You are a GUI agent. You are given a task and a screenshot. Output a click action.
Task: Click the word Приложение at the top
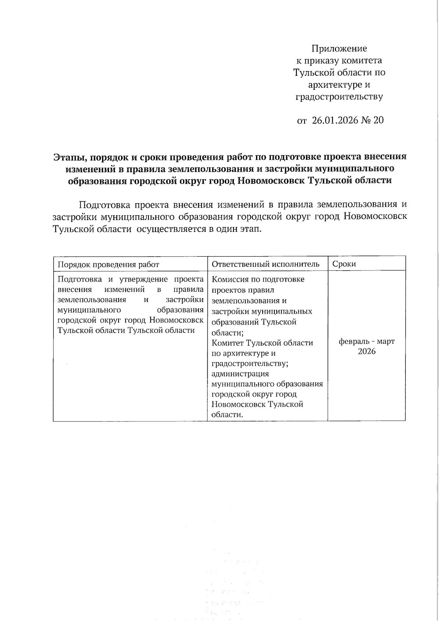pyautogui.click(x=339, y=49)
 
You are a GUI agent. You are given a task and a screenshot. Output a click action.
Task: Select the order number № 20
pyautogui.click(x=373, y=120)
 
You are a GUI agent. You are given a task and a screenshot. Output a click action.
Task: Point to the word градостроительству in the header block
pyautogui.click(x=339, y=97)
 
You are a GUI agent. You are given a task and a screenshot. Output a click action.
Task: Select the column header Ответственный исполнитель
pyautogui.click(x=266, y=264)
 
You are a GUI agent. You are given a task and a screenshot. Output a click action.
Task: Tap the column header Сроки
pyautogui.click(x=344, y=264)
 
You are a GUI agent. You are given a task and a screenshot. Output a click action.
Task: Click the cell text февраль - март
pyautogui.click(x=366, y=342)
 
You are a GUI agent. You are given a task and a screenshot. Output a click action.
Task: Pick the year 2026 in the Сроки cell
pyautogui.click(x=366, y=352)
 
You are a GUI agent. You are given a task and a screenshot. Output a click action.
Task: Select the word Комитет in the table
pyautogui.click(x=228, y=343)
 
